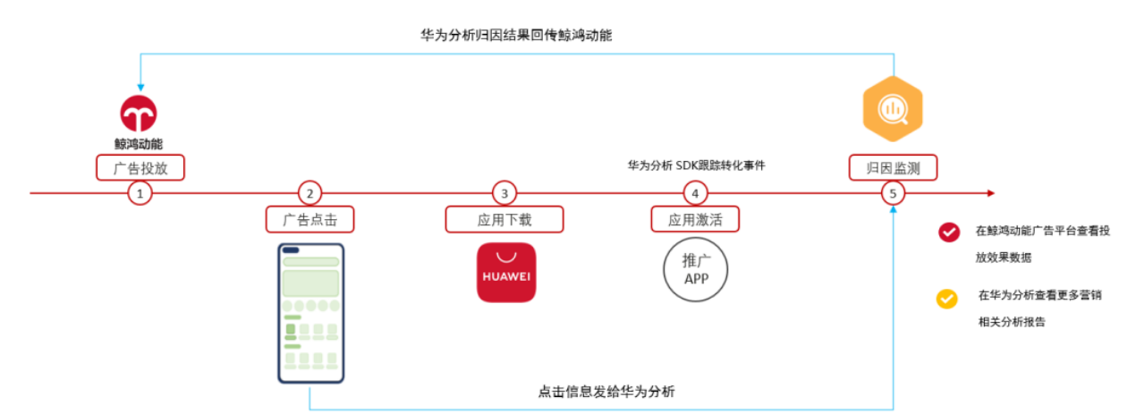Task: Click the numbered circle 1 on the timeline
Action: (x=140, y=194)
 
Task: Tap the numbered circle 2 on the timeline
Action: (x=310, y=194)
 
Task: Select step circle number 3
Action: (x=505, y=194)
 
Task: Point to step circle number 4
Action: (x=695, y=194)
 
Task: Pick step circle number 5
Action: (x=893, y=194)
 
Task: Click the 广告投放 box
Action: (x=140, y=167)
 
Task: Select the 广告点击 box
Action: (x=310, y=220)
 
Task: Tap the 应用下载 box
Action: (x=505, y=220)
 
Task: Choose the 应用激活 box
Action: (x=695, y=220)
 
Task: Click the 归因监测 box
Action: (x=893, y=167)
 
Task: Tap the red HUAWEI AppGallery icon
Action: (x=506, y=273)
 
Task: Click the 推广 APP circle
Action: (x=696, y=269)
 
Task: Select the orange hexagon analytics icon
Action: (x=893, y=109)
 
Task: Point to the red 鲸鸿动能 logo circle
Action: (x=139, y=114)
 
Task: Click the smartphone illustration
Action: (x=310, y=313)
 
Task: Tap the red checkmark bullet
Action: (x=949, y=232)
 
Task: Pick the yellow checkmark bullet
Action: (x=946, y=299)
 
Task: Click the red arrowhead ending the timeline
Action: (x=991, y=193)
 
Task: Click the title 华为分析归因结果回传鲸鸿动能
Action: (x=516, y=35)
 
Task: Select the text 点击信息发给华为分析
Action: (x=606, y=392)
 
